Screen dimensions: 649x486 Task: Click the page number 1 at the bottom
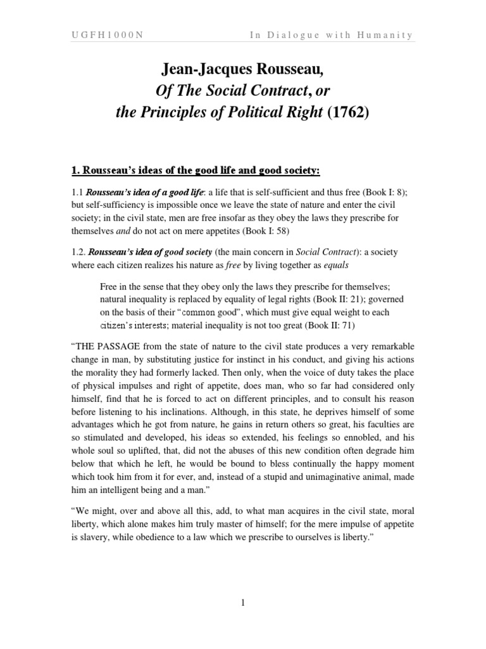[242, 602]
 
